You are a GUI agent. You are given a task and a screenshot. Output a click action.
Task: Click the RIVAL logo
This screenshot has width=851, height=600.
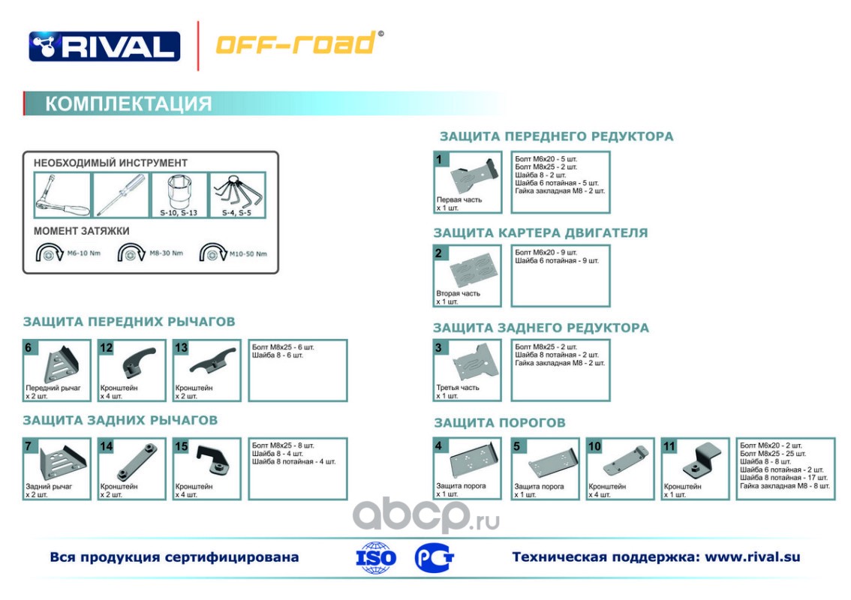(104, 46)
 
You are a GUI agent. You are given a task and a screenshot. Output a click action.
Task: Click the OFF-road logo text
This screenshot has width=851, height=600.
(296, 43)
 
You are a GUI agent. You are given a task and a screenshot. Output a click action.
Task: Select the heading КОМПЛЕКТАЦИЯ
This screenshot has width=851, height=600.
(128, 103)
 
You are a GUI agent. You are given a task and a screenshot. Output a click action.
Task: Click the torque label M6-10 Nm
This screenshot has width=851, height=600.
(84, 253)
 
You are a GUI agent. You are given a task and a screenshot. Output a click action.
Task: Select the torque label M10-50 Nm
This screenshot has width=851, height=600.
(249, 253)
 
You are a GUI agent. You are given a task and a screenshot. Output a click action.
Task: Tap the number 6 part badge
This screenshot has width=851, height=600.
(29, 347)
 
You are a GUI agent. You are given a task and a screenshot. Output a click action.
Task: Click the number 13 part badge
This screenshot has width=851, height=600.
(181, 347)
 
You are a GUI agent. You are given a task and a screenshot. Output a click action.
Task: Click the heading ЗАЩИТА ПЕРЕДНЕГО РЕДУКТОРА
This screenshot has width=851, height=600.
(556, 136)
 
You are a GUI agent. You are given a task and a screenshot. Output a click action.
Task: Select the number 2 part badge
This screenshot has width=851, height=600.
(439, 253)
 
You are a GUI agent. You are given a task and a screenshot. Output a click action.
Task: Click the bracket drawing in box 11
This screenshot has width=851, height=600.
(703, 459)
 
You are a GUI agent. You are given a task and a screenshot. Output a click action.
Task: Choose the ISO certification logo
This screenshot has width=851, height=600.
(376, 557)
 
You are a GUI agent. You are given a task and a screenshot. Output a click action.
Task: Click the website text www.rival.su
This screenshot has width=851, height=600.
(753, 556)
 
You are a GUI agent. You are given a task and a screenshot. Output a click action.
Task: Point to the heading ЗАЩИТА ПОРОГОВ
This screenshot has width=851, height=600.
(499, 423)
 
